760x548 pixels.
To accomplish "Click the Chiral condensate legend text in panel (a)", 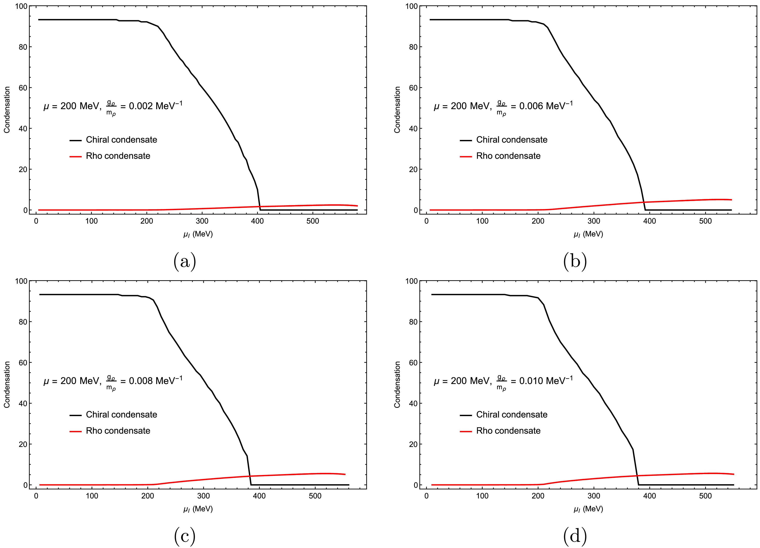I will [x=121, y=140].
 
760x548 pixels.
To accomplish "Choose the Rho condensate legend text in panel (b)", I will [x=508, y=156].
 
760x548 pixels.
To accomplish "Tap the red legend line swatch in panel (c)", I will [x=76, y=431].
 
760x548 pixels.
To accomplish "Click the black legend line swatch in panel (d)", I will [x=466, y=415].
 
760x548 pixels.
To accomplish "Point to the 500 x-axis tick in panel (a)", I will [x=313, y=221].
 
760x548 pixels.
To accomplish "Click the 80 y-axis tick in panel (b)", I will [x=413, y=47].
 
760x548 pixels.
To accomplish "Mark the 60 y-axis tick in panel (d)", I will [x=413, y=363].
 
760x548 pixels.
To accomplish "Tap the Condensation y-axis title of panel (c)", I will [x=7, y=384].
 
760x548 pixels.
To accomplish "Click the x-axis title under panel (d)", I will [x=588, y=509].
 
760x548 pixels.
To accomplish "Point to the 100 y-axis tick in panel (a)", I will [x=21, y=6].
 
